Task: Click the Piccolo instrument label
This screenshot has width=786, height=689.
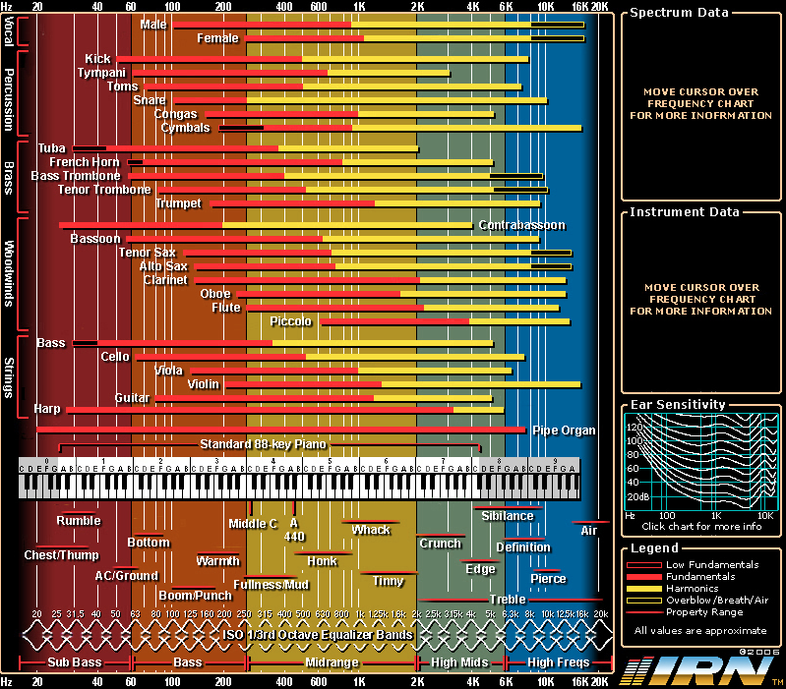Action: (x=291, y=321)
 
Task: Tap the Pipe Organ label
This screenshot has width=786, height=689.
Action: (x=564, y=431)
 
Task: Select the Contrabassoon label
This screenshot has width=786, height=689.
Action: (x=521, y=225)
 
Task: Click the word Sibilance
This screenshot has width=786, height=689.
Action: (x=508, y=516)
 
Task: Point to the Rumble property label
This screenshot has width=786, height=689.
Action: (x=78, y=521)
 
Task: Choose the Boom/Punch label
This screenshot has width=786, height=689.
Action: (x=195, y=595)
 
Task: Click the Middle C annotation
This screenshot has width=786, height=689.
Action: (x=253, y=524)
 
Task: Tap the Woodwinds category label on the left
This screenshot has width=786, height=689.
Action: (x=9, y=273)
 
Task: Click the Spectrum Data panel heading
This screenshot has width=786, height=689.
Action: (x=679, y=13)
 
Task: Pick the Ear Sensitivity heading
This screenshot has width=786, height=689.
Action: (x=678, y=404)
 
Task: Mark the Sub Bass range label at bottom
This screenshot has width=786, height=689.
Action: (x=75, y=663)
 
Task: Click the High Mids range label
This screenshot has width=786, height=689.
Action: (x=459, y=663)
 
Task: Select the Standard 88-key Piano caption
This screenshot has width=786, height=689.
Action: (x=262, y=444)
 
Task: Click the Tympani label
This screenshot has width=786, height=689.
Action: (x=101, y=73)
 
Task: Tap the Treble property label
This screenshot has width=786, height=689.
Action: (x=508, y=599)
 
